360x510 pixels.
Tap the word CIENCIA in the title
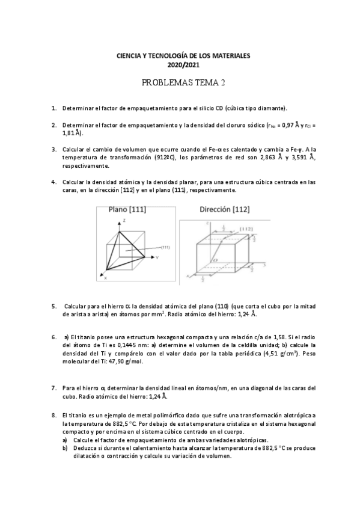(129, 55)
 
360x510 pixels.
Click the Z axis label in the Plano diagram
(123, 221)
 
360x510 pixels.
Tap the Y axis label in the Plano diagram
(156, 257)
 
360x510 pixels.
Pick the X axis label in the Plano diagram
(106, 279)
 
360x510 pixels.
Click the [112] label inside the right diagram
(245, 229)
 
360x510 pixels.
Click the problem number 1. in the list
(54, 108)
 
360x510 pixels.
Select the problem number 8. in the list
(54, 415)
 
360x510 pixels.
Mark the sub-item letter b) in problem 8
(65, 448)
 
